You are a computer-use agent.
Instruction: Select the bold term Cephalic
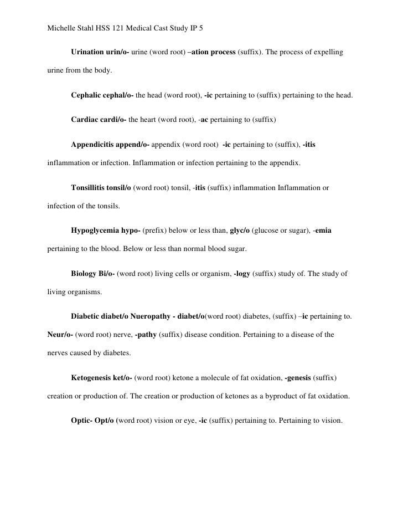point(87,95)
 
